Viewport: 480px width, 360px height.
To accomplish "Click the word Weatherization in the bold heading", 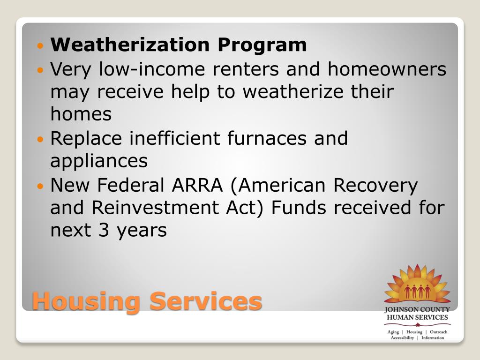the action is click(130, 45).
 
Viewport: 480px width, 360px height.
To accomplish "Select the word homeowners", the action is click(387, 69).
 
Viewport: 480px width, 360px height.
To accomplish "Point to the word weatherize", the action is click(293, 91).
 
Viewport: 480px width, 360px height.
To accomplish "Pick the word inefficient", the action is click(174, 138).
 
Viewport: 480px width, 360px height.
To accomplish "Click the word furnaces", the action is click(267, 138).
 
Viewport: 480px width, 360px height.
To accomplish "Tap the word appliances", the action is click(99, 161).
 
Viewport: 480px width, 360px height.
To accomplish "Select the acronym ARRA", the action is click(197, 185).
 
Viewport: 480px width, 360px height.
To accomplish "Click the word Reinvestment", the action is click(155, 208).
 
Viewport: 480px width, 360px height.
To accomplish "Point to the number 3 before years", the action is click(104, 231).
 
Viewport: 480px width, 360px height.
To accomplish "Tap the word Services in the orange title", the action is click(205, 301).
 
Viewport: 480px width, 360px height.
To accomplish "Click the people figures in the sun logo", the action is click(417, 291).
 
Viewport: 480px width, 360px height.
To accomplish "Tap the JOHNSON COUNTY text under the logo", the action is click(417, 310).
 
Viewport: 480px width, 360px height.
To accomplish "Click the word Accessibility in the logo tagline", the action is click(402, 338).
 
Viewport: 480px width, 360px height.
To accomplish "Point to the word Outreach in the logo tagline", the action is click(438, 332).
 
